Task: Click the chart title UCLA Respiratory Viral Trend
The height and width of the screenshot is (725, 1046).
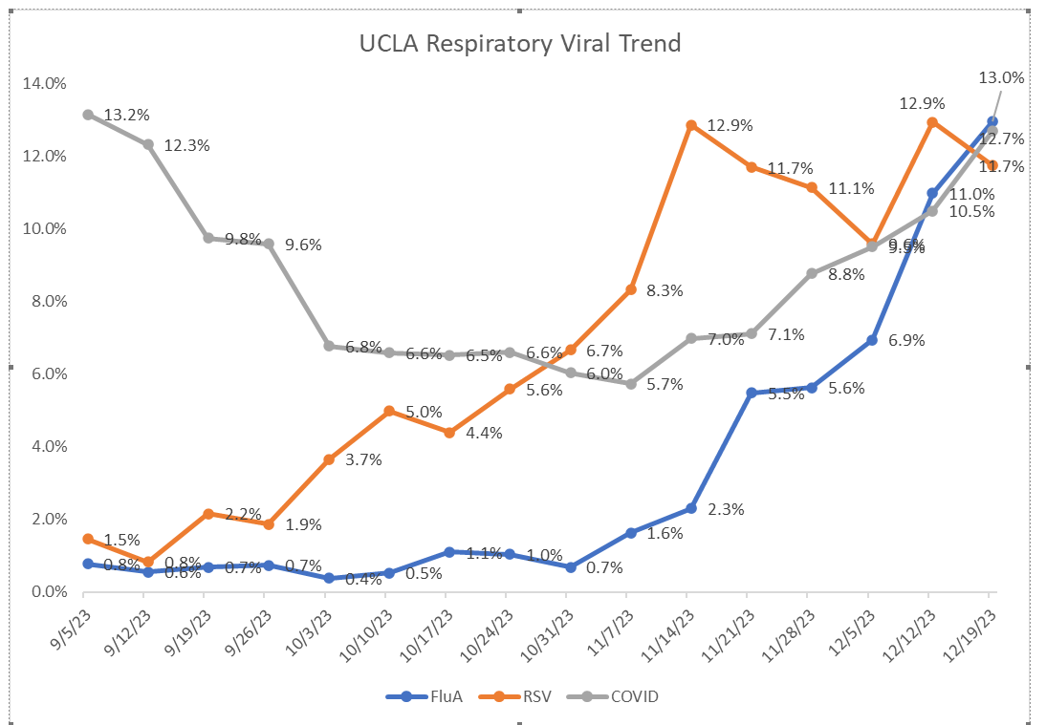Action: pos(520,44)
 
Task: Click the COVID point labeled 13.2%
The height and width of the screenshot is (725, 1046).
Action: pos(88,115)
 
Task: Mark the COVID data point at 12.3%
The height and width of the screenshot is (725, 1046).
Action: pos(148,144)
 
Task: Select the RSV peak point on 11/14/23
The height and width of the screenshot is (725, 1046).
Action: pos(690,125)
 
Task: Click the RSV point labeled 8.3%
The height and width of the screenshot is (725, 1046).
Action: pos(630,289)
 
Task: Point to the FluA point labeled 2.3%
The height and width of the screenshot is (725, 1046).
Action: pos(690,508)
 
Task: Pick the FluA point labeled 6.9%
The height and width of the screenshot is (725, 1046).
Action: pos(871,340)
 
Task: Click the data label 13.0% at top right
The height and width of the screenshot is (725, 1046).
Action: pos(1002,77)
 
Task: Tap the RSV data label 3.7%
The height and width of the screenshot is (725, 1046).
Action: pos(364,459)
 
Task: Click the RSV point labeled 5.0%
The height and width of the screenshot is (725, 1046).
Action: pos(389,411)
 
